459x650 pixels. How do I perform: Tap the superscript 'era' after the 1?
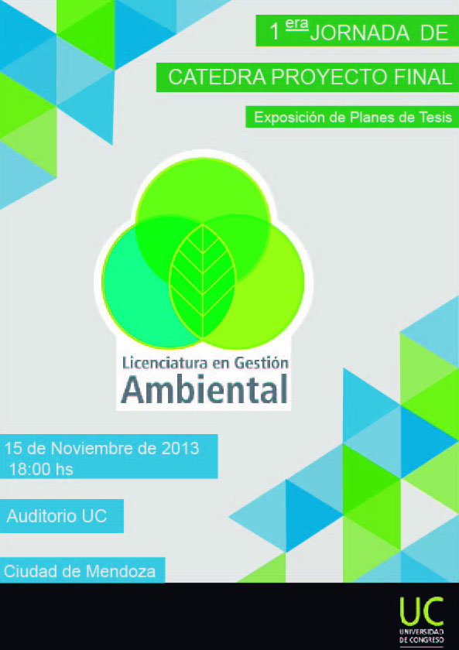(296, 24)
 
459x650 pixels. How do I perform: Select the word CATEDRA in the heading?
(217, 77)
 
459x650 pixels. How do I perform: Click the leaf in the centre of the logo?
(203, 281)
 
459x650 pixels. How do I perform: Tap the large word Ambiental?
(204, 389)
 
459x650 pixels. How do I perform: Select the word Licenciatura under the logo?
(165, 363)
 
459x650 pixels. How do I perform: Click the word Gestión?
(261, 363)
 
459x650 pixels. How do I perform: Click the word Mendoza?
(120, 572)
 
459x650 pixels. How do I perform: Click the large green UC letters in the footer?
(421, 611)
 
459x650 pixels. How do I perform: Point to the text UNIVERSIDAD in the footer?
(422, 631)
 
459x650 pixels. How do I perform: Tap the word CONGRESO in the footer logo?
(426, 640)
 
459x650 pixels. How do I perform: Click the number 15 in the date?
(13, 449)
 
